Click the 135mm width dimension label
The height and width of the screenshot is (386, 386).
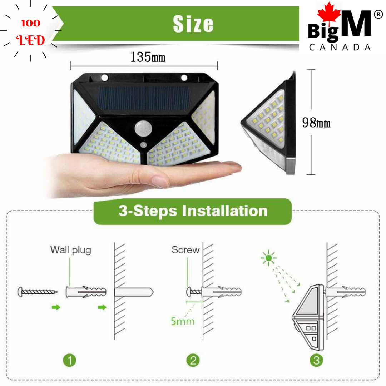(148, 57)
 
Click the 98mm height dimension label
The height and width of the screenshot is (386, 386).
(316, 123)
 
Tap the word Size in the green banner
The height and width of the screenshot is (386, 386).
(193, 24)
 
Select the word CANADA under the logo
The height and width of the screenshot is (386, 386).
(340, 47)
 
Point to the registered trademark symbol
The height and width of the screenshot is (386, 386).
(378, 14)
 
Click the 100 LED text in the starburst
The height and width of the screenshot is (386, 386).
(30, 32)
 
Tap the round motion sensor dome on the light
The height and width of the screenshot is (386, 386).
(143, 128)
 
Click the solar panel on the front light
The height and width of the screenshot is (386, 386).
(144, 99)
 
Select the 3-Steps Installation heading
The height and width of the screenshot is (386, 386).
(193, 211)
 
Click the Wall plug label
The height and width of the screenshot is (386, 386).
(71, 250)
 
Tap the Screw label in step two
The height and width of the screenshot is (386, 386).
(185, 249)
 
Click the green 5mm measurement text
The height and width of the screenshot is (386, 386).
(183, 321)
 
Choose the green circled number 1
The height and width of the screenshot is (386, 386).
(69, 360)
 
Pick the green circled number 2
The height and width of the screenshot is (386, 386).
(193, 360)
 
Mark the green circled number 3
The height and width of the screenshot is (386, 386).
(316, 360)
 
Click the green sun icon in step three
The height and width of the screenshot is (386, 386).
(268, 258)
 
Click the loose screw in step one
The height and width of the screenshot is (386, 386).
(38, 292)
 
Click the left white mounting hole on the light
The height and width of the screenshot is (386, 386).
(105, 78)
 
